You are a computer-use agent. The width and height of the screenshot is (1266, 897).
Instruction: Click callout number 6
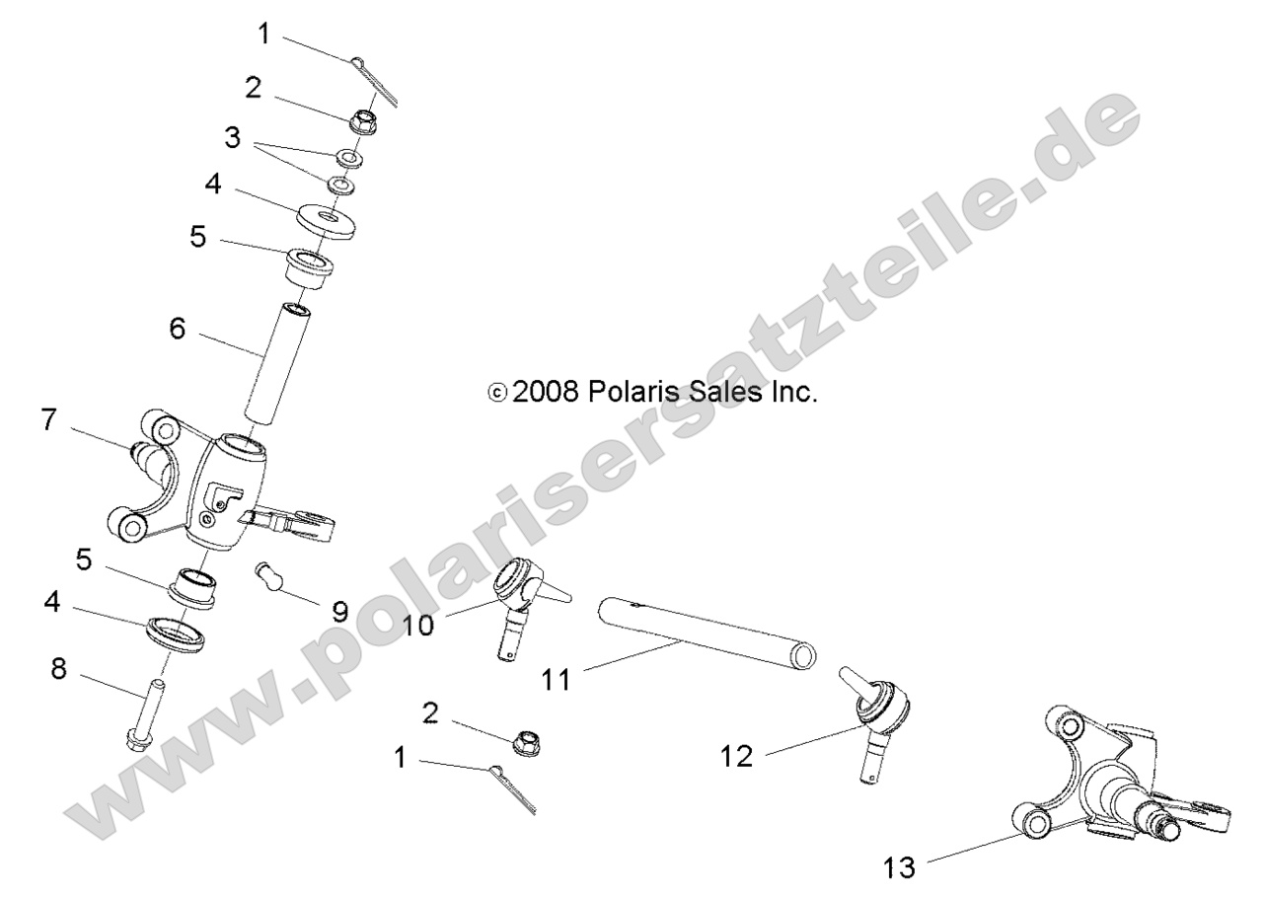tap(178, 330)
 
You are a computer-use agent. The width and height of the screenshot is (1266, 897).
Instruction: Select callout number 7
tap(48, 419)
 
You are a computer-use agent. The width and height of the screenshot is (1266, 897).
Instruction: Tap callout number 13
tap(899, 867)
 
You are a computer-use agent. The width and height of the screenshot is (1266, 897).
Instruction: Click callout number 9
tap(339, 612)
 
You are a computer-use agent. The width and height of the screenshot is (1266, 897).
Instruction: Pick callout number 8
tap(60, 671)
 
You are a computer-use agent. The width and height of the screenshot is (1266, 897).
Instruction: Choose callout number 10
tap(417, 626)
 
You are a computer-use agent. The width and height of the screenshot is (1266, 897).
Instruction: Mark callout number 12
tap(737, 756)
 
